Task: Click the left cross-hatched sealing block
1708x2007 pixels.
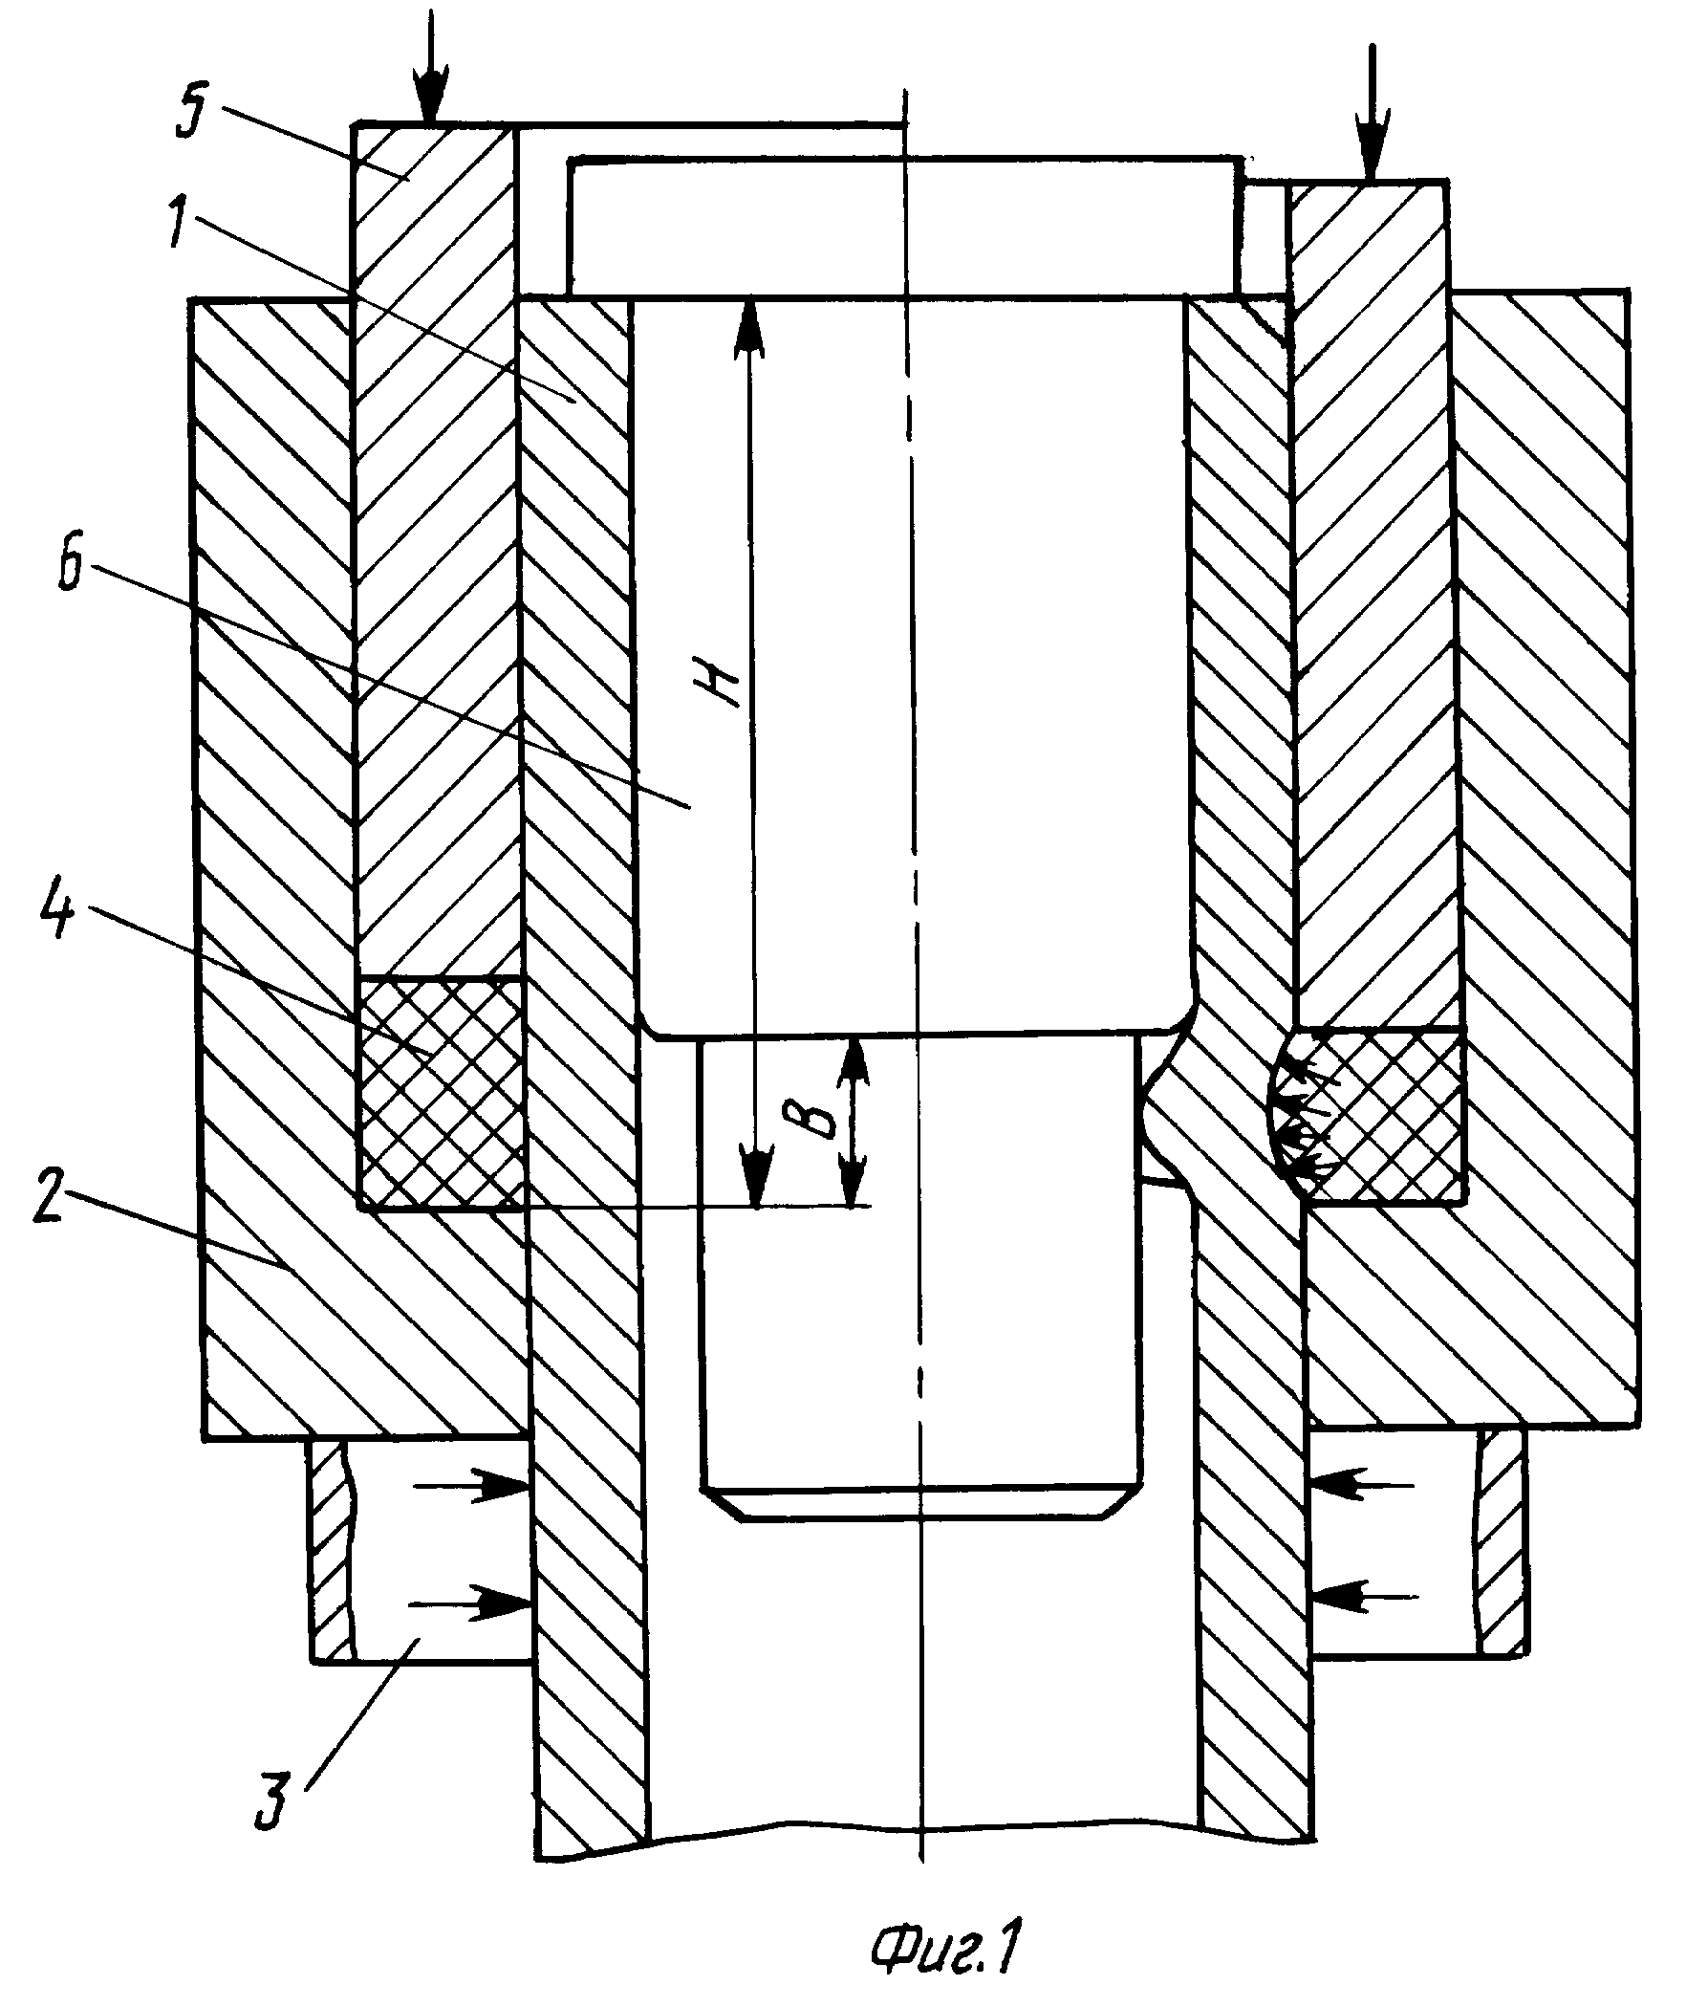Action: point(441,1094)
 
